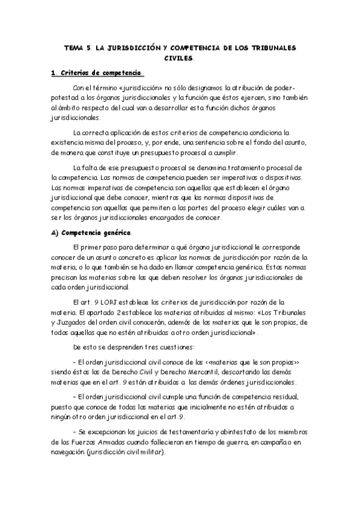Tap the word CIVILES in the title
tap(179, 58)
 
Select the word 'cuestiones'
tap(164, 347)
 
